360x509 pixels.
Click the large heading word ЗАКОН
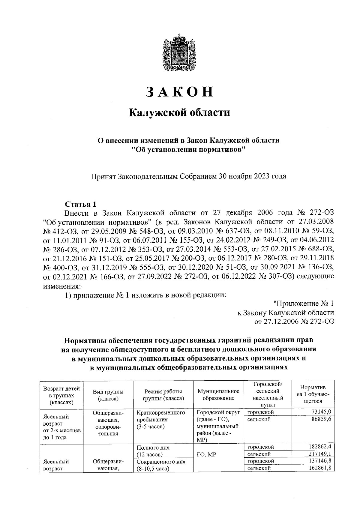179,92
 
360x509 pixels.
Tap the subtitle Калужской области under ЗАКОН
179,113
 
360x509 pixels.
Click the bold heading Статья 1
81,204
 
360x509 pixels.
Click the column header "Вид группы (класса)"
108,395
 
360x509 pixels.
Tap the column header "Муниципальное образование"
218,395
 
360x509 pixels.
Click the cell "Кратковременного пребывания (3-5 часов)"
160,420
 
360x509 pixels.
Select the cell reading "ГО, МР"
206,454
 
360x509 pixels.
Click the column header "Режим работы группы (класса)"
163,395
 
